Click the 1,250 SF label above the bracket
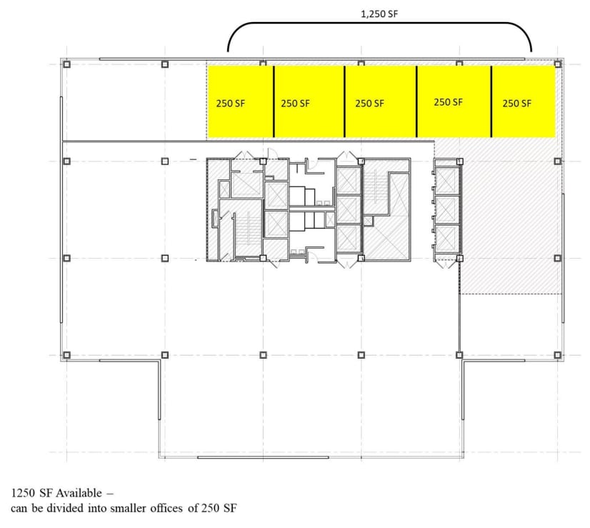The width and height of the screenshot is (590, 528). (x=379, y=14)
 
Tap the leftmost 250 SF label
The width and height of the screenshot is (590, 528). (x=230, y=103)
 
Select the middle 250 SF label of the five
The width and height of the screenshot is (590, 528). (x=369, y=103)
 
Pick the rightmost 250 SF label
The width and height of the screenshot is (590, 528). (x=516, y=103)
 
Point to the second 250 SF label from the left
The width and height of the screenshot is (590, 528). (x=295, y=103)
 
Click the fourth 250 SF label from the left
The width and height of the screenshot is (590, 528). (x=448, y=102)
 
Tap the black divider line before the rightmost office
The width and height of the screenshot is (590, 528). (x=491, y=101)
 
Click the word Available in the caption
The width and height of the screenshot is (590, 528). (x=79, y=494)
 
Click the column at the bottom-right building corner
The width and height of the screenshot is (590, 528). (x=557, y=355)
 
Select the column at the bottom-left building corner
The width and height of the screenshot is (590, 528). (x=66, y=355)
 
